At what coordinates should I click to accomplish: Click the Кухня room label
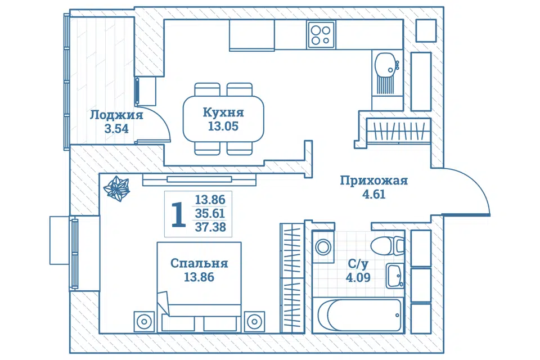point(223,112)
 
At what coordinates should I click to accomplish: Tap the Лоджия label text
point(116,115)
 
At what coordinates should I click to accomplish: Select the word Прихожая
point(373,181)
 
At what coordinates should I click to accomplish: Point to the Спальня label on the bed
point(199,264)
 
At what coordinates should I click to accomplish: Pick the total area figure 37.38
point(210,227)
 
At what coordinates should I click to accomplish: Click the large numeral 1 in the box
point(178,215)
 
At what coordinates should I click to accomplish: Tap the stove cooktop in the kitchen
point(321,35)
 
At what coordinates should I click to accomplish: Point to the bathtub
point(359,315)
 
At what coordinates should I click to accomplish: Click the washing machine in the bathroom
point(323,247)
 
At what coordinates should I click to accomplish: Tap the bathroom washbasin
point(395,276)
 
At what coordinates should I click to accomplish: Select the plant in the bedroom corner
point(117,188)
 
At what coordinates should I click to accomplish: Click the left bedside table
point(144,322)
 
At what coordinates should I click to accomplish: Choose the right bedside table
point(254,322)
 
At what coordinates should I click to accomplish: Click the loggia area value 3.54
point(116,129)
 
